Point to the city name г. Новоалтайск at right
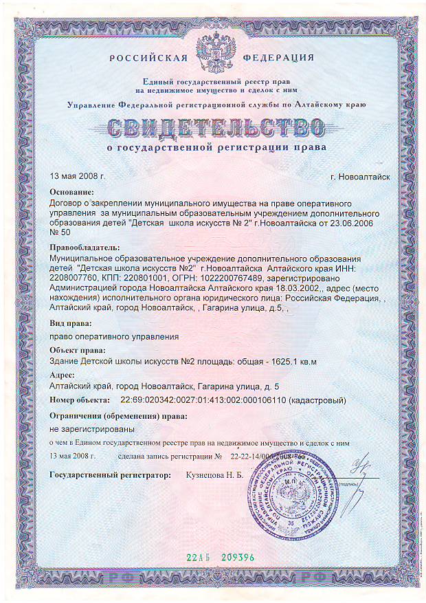coord(359,177)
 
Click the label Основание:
coord(76,193)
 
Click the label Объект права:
coord(80,351)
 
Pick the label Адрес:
coord(66,375)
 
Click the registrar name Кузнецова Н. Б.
coord(215,474)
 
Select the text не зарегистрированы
coord(86,428)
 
